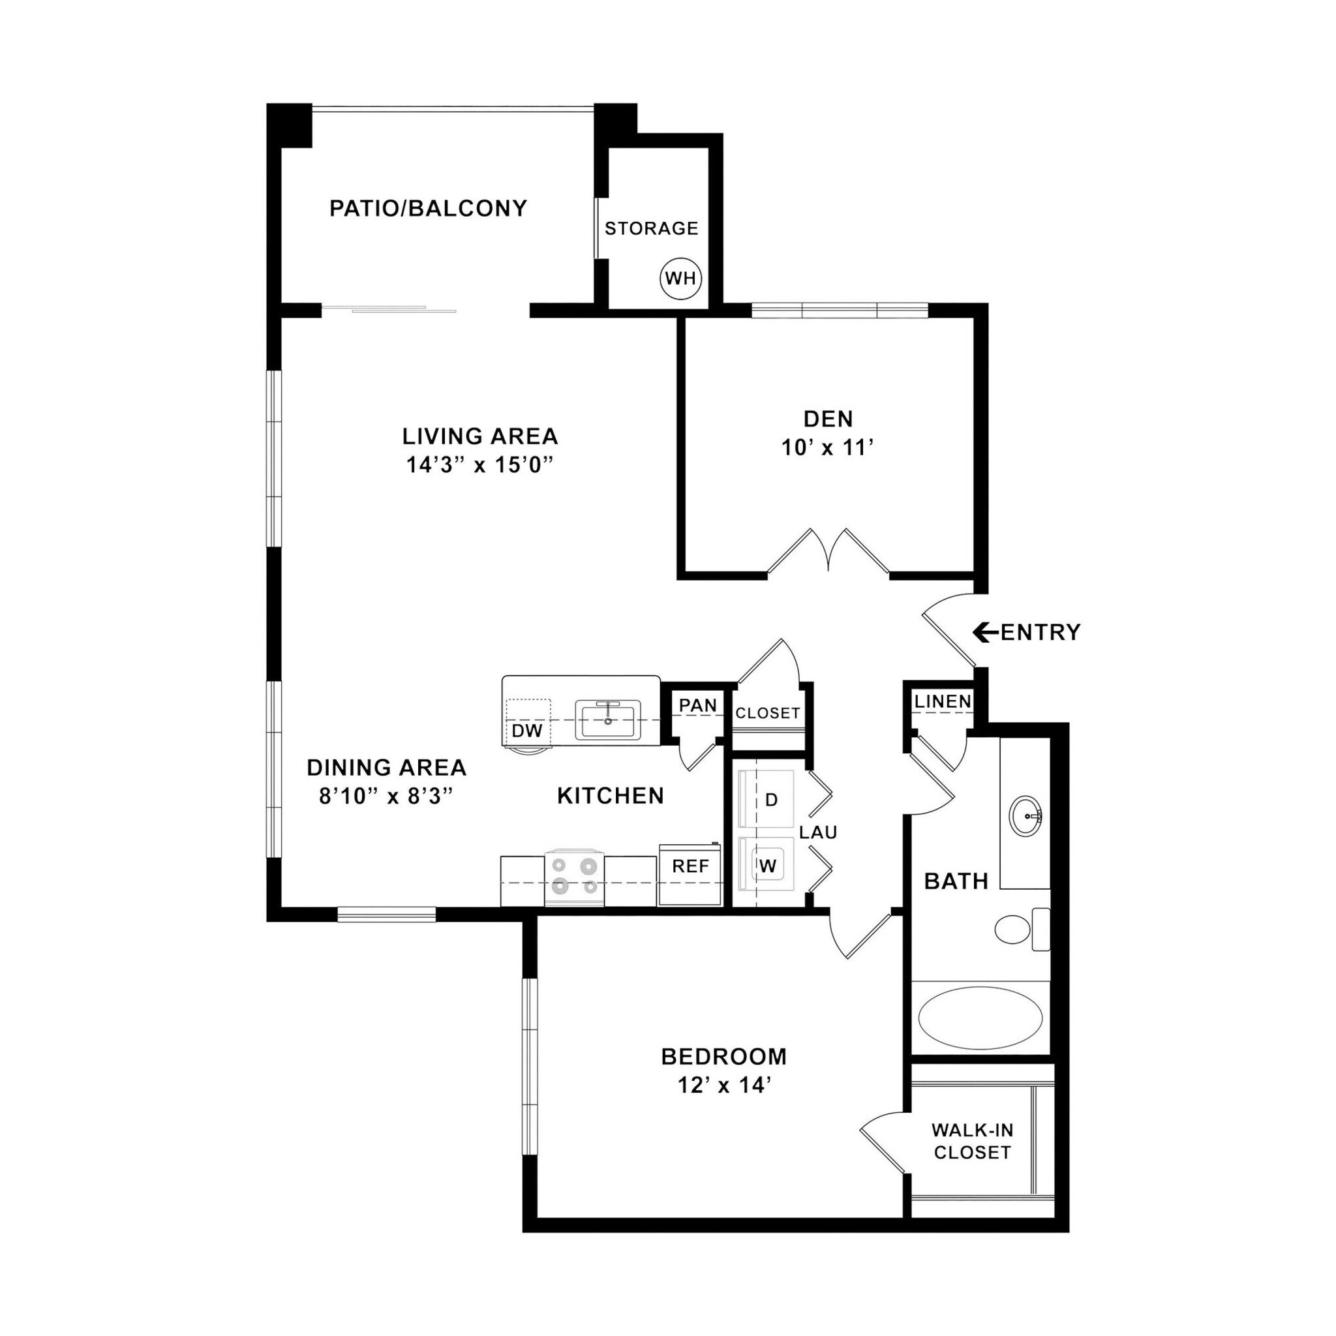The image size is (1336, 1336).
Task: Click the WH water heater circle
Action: pos(680,279)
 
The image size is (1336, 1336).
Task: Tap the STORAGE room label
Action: pos(652,228)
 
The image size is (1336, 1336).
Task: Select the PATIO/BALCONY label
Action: pos(428,208)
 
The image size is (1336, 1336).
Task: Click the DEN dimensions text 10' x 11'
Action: pos(828,448)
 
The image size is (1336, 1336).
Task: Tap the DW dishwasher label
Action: pos(527,730)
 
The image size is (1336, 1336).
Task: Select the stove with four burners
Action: pos(574,879)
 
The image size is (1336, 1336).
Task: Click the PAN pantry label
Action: pos(697,705)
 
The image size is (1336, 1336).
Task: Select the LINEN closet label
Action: pos(943,701)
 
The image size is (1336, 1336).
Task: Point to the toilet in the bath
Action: pos(1020,930)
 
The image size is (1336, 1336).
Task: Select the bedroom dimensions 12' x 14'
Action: pos(724,1085)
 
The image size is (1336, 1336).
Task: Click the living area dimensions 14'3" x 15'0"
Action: pos(481,464)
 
